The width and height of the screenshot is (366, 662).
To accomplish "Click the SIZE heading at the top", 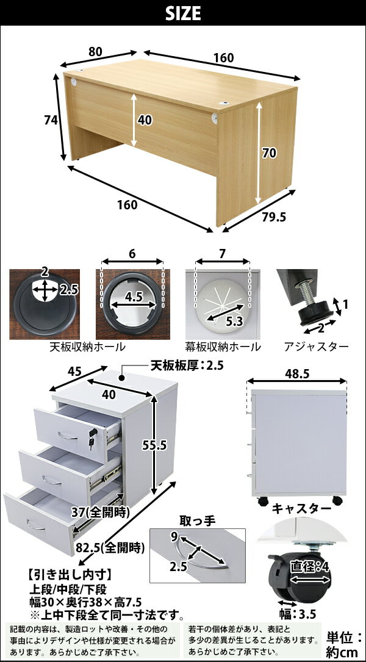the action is pyautogui.click(x=183, y=14).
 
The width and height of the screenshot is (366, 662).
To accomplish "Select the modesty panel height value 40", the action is pyautogui.click(x=145, y=120).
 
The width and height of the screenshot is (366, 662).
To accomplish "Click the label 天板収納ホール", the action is pyautogui.click(x=87, y=347).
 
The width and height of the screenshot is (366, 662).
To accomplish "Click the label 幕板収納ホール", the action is pyautogui.click(x=223, y=347).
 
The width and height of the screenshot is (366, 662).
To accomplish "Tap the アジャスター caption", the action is pyautogui.click(x=317, y=347).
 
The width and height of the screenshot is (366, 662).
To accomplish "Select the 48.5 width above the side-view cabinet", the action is pyautogui.click(x=297, y=373).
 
